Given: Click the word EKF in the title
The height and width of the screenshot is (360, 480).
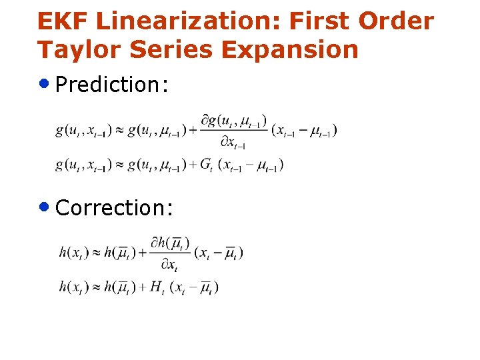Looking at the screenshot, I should coord(63,21).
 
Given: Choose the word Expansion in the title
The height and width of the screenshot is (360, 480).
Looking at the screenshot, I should coord(295,50).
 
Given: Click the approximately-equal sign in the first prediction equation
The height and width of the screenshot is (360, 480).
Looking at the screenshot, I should coord(118,130).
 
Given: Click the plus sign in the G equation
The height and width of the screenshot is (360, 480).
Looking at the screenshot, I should coord(193,165).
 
